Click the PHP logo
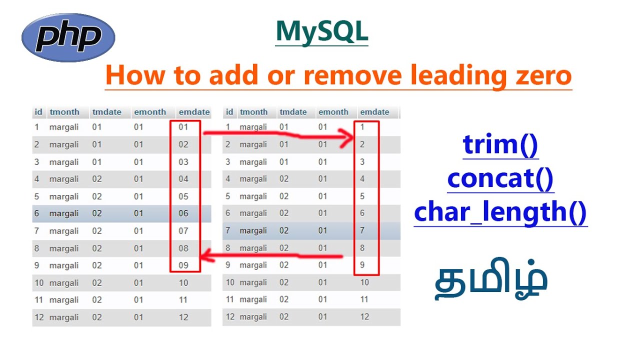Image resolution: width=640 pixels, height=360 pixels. click(68, 37)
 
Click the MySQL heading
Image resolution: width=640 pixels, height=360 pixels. click(321, 31)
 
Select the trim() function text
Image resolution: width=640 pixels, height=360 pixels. click(500, 144)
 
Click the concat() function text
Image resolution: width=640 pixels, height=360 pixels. click(500, 178)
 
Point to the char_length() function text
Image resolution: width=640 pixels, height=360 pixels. click(500, 212)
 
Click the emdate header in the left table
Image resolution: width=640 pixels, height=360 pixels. click(194, 112)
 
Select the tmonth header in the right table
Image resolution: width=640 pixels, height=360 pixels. click(253, 112)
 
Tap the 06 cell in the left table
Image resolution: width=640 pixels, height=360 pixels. click(183, 213)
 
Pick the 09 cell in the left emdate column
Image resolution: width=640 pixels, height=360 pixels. click(183, 265)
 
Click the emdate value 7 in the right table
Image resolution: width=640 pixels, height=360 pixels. click(362, 231)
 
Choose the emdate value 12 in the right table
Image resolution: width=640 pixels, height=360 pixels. click(364, 316)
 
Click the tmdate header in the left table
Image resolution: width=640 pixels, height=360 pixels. click(106, 112)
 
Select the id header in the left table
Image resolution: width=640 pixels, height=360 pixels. click(38, 112)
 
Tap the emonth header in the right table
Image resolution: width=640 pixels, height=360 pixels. click(333, 112)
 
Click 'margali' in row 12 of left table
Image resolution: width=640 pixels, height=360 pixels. click(64, 317)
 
